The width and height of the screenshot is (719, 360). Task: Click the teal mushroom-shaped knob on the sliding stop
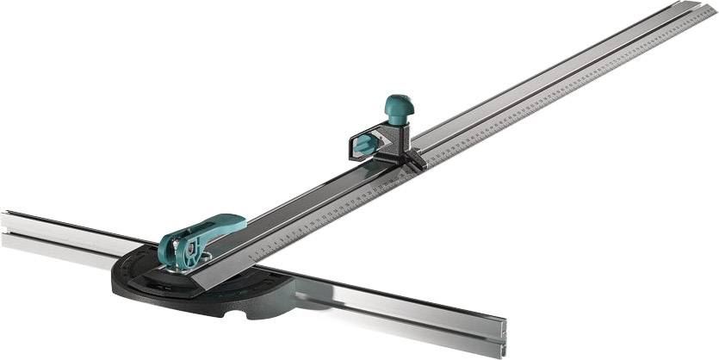pos(399,106)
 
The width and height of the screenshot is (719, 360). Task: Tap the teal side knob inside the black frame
pos(365,143)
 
